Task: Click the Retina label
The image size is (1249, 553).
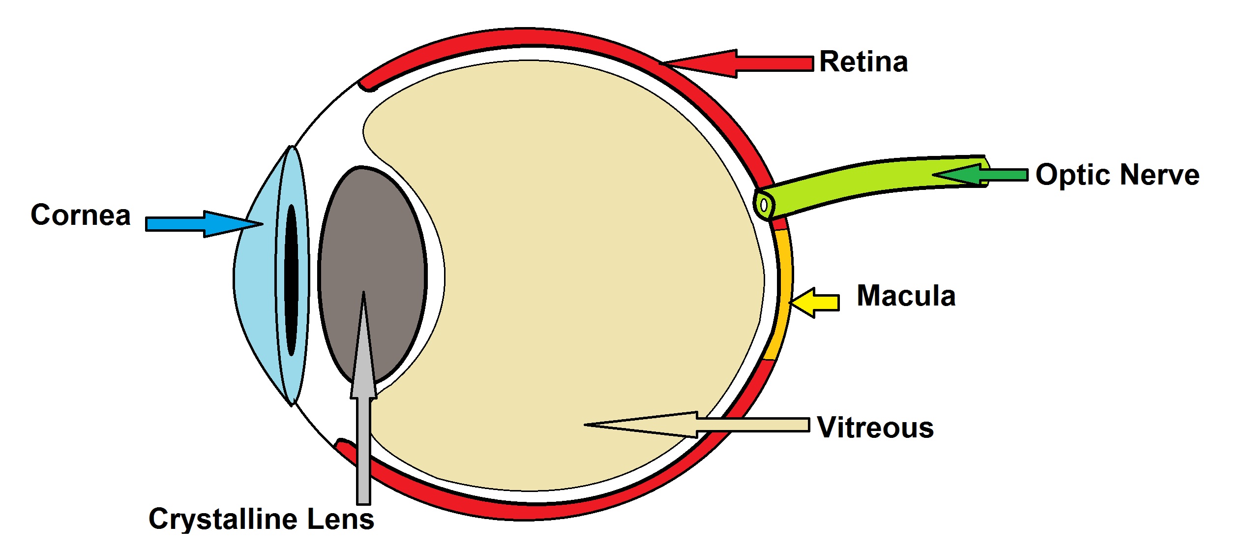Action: pyautogui.click(x=863, y=62)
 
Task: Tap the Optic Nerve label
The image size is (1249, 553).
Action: pyautogui.click(x=1117, y=175)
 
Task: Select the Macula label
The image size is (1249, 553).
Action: pyautogui.click(x=906, y=296)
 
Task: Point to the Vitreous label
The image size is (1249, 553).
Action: pyautogui.click(x=875, y=427)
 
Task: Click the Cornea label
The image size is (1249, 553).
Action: pyautogui.click(x=81, y=215)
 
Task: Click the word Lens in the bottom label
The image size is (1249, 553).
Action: pyautogui.click(x=340, y=519)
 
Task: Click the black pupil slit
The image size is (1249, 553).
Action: pyautogui.click(x=291, y=280)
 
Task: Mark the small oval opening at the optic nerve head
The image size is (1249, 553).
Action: pyautogui.click(x=764, y=204)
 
